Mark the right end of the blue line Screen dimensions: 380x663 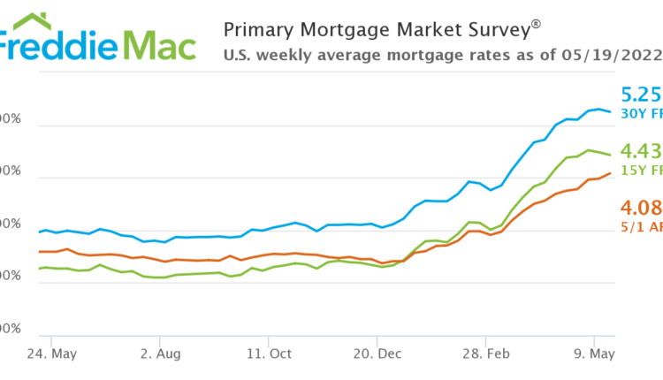610,112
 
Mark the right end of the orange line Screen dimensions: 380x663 610,173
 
